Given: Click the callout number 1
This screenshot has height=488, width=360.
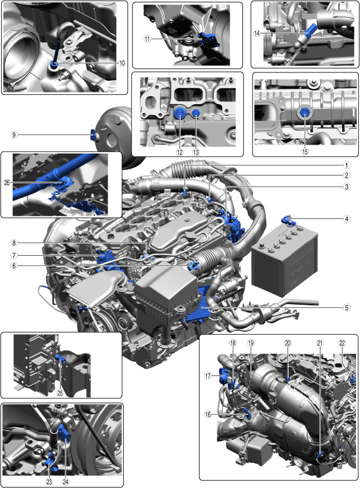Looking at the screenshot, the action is coord(347,165).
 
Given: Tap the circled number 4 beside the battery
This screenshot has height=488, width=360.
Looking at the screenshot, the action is coord(347,219).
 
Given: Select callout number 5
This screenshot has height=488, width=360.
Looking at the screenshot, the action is coord(347,308).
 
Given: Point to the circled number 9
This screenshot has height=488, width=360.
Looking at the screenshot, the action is coord(14,135).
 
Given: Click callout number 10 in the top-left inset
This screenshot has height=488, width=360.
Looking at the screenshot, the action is coord(122,63).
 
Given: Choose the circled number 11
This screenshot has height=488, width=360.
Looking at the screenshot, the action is coord(147,39).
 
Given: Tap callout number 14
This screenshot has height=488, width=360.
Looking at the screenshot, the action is coord(257,33).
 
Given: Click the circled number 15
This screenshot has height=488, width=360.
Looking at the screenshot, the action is coord(305,152).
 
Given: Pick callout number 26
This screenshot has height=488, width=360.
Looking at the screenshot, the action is coord(7,183).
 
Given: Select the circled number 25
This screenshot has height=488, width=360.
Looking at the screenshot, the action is coord(60,393).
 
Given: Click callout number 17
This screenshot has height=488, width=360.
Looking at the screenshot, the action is coord(208,376).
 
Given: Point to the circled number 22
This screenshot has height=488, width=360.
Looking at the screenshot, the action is coord(342,343).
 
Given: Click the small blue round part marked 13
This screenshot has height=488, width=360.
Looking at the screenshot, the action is coord(196,113).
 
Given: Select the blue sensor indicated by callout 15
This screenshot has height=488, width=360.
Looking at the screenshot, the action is coord(305,113).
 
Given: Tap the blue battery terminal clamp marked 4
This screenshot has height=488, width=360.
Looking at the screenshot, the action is coord(288,220).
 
